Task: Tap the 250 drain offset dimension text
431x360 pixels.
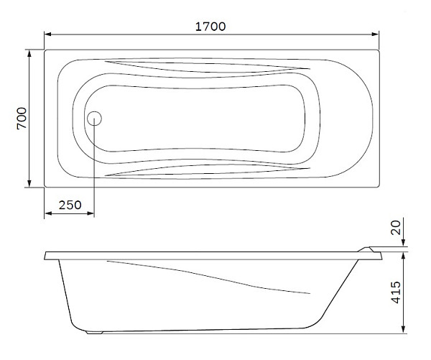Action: click(70, 205)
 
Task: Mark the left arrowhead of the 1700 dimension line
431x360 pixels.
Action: click(48, 34)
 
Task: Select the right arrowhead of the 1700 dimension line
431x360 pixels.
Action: click(375, 34)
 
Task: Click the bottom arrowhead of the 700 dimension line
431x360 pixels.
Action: click(29, 184)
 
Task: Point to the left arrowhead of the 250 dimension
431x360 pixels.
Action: click(48, 213)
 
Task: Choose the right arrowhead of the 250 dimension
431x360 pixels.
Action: click(91, 213)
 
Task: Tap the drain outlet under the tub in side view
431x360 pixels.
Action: click(94, 332)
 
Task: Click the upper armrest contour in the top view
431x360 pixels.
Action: click(208, 68)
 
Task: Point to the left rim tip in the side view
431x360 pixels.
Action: click(46, 255)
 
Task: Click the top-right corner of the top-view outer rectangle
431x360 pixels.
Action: click(379, 50)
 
